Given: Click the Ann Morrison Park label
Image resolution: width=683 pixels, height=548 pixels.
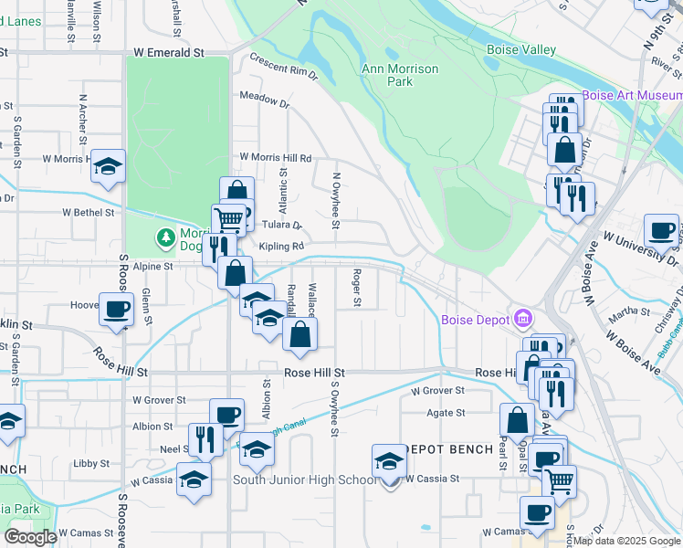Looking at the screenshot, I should point(400,75).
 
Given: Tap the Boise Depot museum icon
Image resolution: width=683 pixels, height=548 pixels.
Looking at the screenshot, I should point(523,319).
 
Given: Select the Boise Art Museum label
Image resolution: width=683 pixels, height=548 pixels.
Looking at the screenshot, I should point(632,95).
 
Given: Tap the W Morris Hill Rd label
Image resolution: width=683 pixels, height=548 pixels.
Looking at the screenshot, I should point(275,157).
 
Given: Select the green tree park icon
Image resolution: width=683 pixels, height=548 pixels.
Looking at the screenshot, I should point(165,238).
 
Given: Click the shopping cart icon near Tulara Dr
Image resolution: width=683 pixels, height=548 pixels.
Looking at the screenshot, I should point(228,218).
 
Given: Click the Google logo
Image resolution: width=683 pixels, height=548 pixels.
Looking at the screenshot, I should point(30,536).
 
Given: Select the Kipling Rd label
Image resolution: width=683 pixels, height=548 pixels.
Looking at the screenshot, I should point(280,247).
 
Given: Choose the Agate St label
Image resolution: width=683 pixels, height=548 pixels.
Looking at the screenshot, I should point(447,413).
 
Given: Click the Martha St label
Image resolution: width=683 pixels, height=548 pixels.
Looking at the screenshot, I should point(629,311).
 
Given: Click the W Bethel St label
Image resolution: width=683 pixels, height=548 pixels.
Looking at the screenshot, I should point(89,212).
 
